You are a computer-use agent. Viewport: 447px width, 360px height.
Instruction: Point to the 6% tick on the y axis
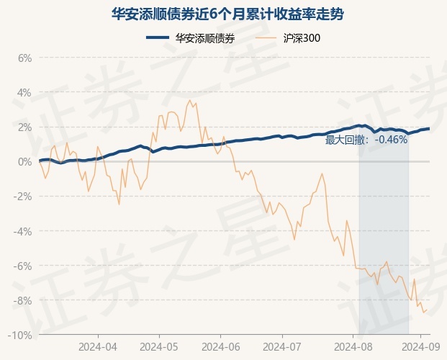[25, 58]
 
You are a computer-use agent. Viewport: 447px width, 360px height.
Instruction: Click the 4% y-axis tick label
[25, 92]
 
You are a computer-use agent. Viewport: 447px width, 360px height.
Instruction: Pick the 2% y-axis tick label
[25, 127]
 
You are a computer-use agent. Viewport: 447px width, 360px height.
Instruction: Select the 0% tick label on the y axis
[25, 161]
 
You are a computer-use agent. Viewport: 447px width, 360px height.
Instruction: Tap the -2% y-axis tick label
[24, 196]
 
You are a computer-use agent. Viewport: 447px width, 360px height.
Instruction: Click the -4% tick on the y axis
[24, 231]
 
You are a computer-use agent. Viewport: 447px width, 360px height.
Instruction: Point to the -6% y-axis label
[24, 266]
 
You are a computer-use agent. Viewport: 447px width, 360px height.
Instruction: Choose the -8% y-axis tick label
[24, 300]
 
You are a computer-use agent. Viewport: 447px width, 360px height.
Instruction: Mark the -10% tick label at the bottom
[22, 335]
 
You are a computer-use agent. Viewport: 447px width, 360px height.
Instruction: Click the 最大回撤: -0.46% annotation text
[366, 140]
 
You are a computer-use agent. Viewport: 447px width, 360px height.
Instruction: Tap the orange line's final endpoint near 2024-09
[428, 310]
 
